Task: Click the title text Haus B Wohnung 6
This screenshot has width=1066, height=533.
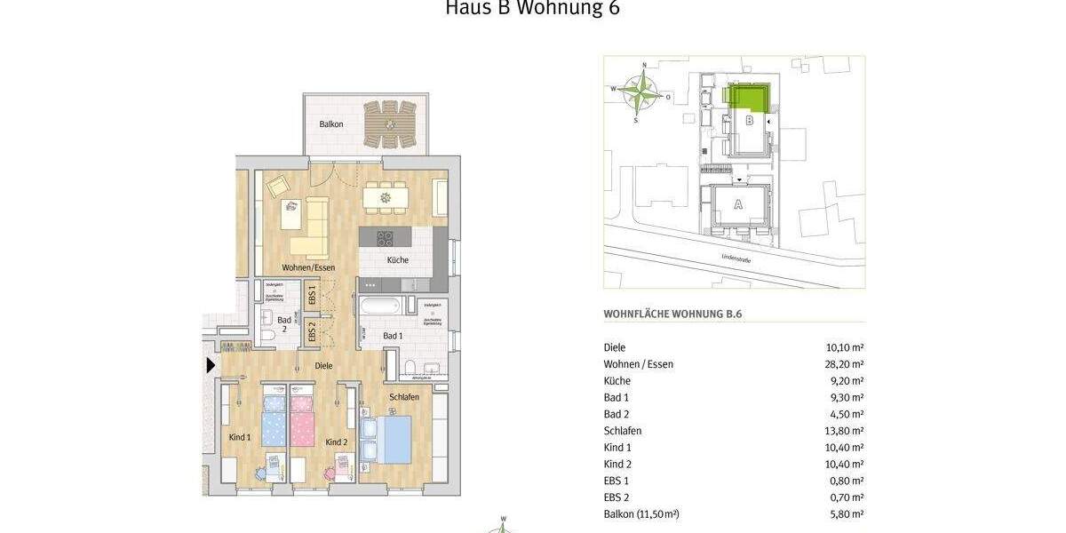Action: pos(531,10)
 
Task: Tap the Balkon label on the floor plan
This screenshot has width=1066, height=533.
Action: pos(332,124)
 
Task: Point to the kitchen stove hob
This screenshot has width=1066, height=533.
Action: pos(386,238)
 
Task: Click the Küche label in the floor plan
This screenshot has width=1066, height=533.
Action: pos(397,260)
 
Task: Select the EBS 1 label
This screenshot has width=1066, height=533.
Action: pos(312,294)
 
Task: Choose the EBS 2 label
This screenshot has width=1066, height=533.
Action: pos(312,332)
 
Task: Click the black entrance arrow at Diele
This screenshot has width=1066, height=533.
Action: pos(211,364)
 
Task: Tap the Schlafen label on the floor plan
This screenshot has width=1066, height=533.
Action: pos(403,396)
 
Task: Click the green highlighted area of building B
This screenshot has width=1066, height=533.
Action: pos(749,95)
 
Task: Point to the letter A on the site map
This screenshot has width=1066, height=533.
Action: pos(736,204)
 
